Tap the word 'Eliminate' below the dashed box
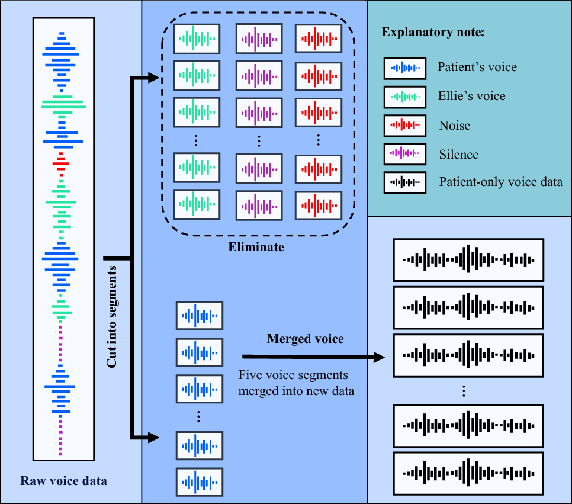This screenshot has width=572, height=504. [x=256, y=247]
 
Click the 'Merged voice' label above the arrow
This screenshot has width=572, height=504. [x=306, y=339]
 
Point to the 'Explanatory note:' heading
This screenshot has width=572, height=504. [x=433, y=33]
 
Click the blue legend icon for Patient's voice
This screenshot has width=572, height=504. [x=404, y=68]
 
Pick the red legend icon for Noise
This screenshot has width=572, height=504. [x=404, y=125]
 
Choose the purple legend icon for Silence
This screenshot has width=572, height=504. [x=404, y=154]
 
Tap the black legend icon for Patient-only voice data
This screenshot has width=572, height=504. [x=404, y=182]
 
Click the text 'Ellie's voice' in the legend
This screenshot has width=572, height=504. [x=471, y=96]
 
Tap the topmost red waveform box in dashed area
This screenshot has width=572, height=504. [x=319, y=40]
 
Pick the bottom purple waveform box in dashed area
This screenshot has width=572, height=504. [x=259, y=205]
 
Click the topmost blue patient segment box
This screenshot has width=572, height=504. [x=200, y=316]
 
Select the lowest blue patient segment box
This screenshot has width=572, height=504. [x=200, y=481]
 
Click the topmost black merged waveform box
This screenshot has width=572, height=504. [x=468, y=260]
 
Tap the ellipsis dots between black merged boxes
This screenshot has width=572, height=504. [x=465, y=390]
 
